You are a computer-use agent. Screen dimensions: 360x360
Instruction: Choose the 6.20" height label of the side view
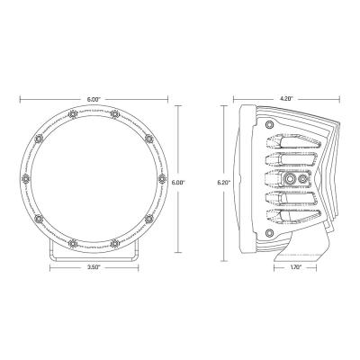coord(225,182)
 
